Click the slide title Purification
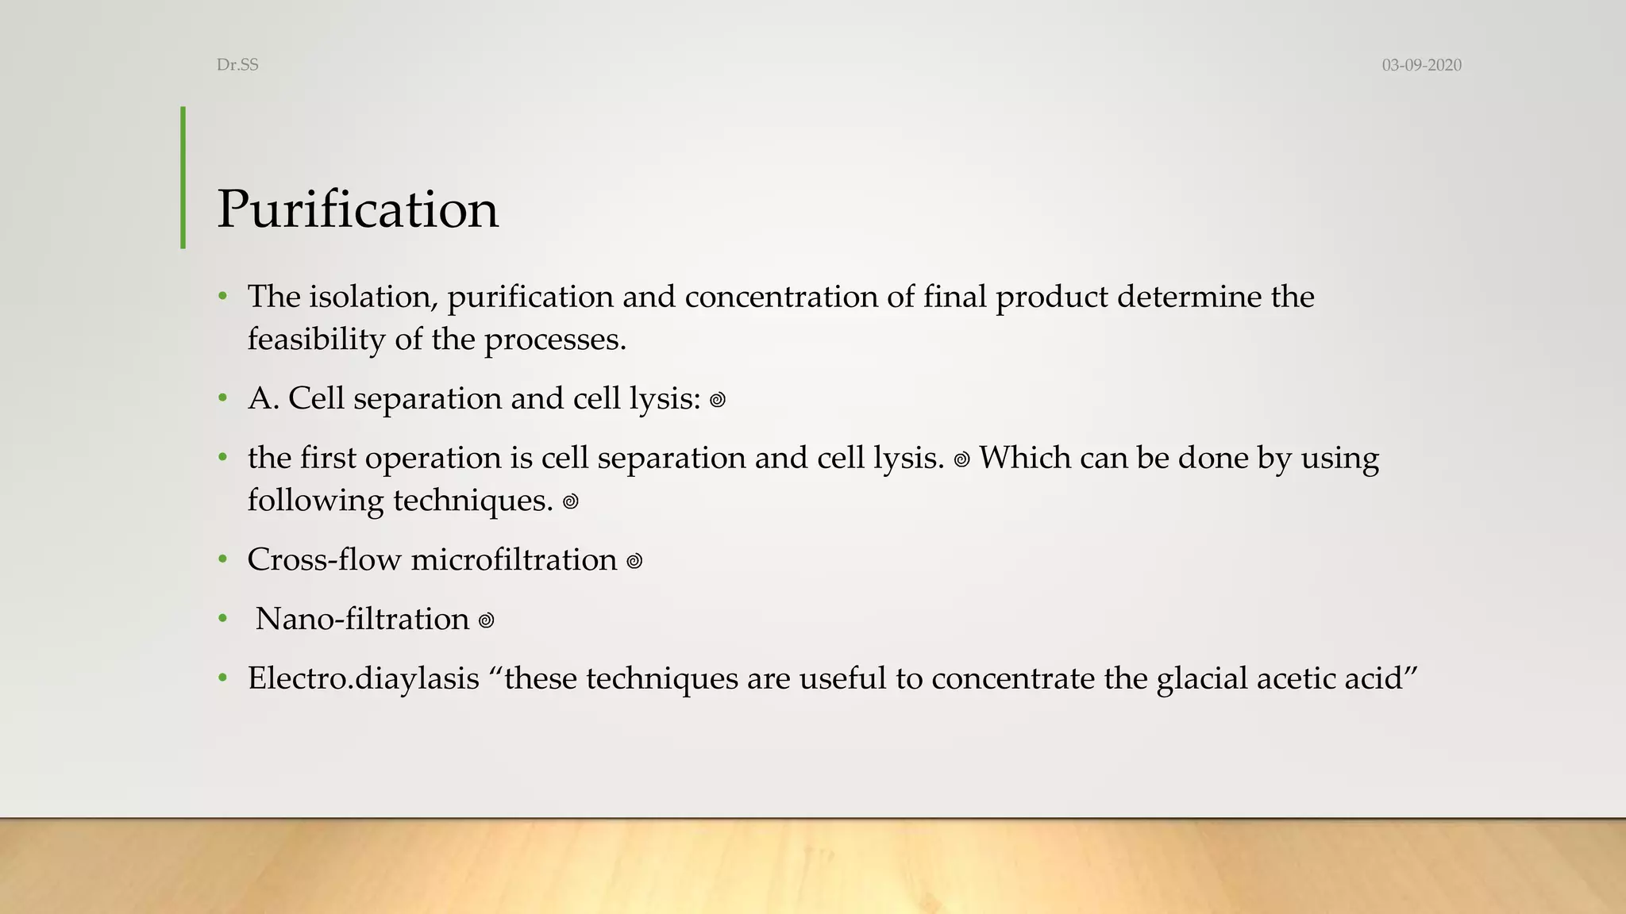tap(357, 209)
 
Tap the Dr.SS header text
tap(237, 65)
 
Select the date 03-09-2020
tap(1421, 65)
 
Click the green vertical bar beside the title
tap(183, 178)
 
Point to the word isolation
tap(373, 297)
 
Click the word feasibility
tap(316, 340)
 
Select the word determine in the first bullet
tap(1188, 297)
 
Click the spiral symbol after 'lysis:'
tap(718, 400)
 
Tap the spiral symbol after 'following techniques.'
tap(570, 502)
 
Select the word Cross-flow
tap(324, 560)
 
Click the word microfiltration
tap(514, 560)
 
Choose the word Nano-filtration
tap(362, 619)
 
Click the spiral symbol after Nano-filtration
tap(486, 620)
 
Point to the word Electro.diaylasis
tap(364, 679)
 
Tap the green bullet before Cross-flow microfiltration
tap(223, 560)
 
